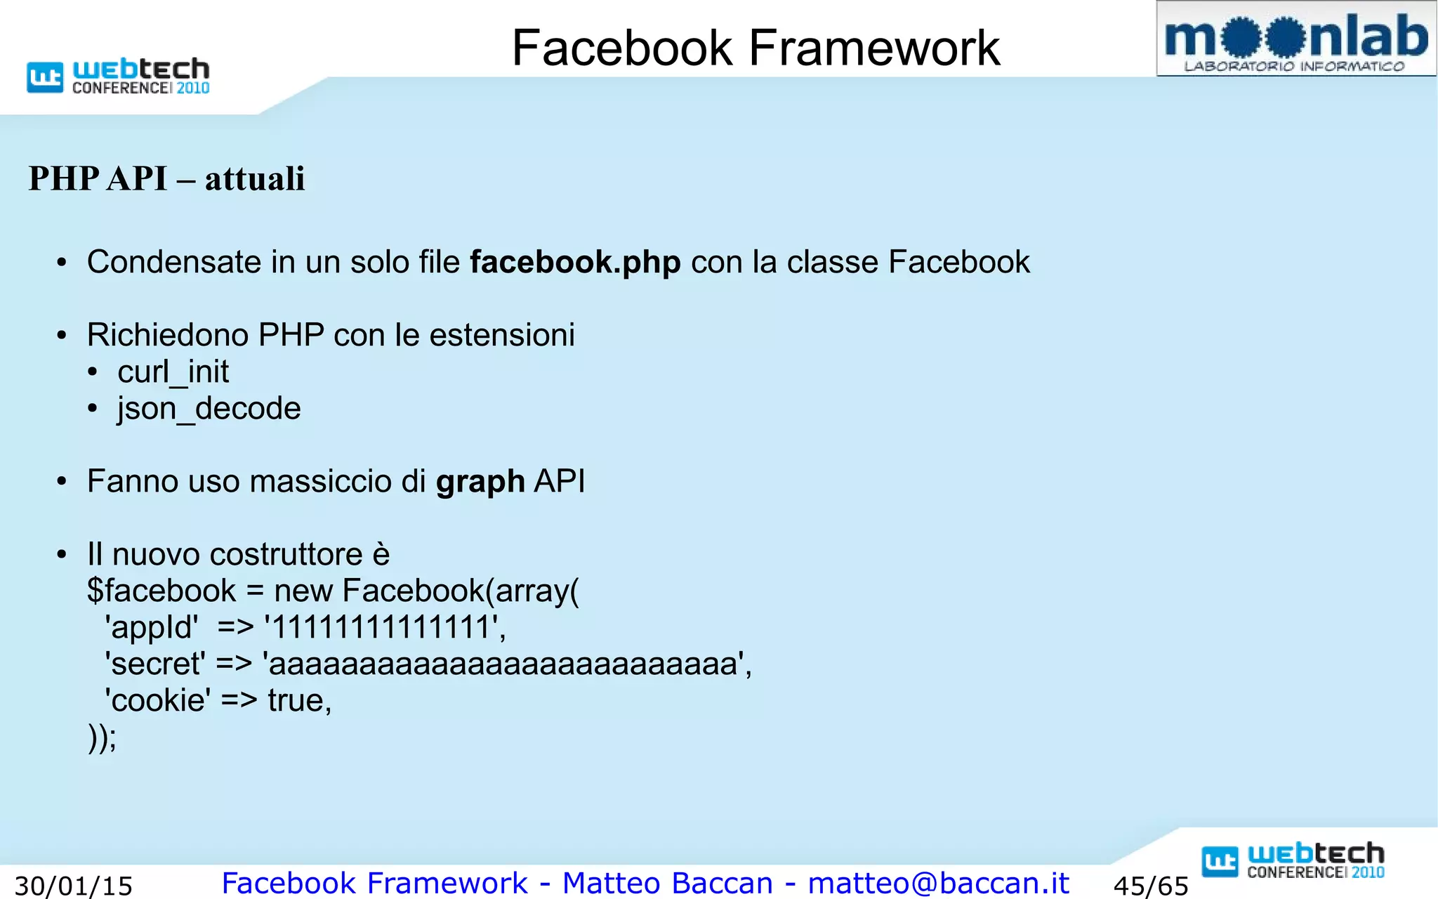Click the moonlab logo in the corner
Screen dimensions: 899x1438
1295,39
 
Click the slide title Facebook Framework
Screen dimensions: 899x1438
756,48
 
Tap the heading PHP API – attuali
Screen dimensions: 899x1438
166,178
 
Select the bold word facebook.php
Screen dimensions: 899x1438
575,263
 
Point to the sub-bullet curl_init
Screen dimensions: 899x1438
173,372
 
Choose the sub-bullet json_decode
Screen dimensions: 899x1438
209,409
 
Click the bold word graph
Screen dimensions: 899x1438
480,483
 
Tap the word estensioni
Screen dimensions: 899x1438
502,335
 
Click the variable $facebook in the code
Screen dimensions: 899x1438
161,591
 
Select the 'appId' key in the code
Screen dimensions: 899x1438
152,627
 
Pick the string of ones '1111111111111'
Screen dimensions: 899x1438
383,627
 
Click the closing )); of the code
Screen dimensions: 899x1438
103,737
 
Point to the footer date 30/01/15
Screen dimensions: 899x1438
74,886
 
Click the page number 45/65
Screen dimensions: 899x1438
1151,886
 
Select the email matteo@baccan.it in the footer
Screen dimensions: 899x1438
938,883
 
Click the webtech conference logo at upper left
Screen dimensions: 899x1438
118,77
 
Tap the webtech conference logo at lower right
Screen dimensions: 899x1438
1293,860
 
